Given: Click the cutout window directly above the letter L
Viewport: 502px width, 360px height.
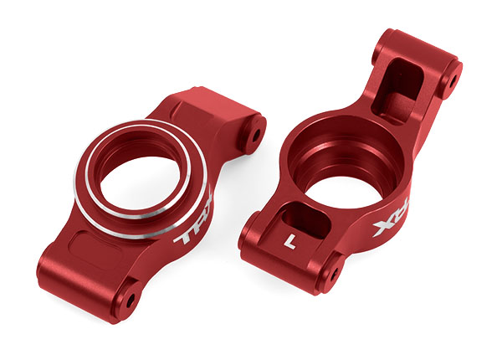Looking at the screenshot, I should [299, 213].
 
